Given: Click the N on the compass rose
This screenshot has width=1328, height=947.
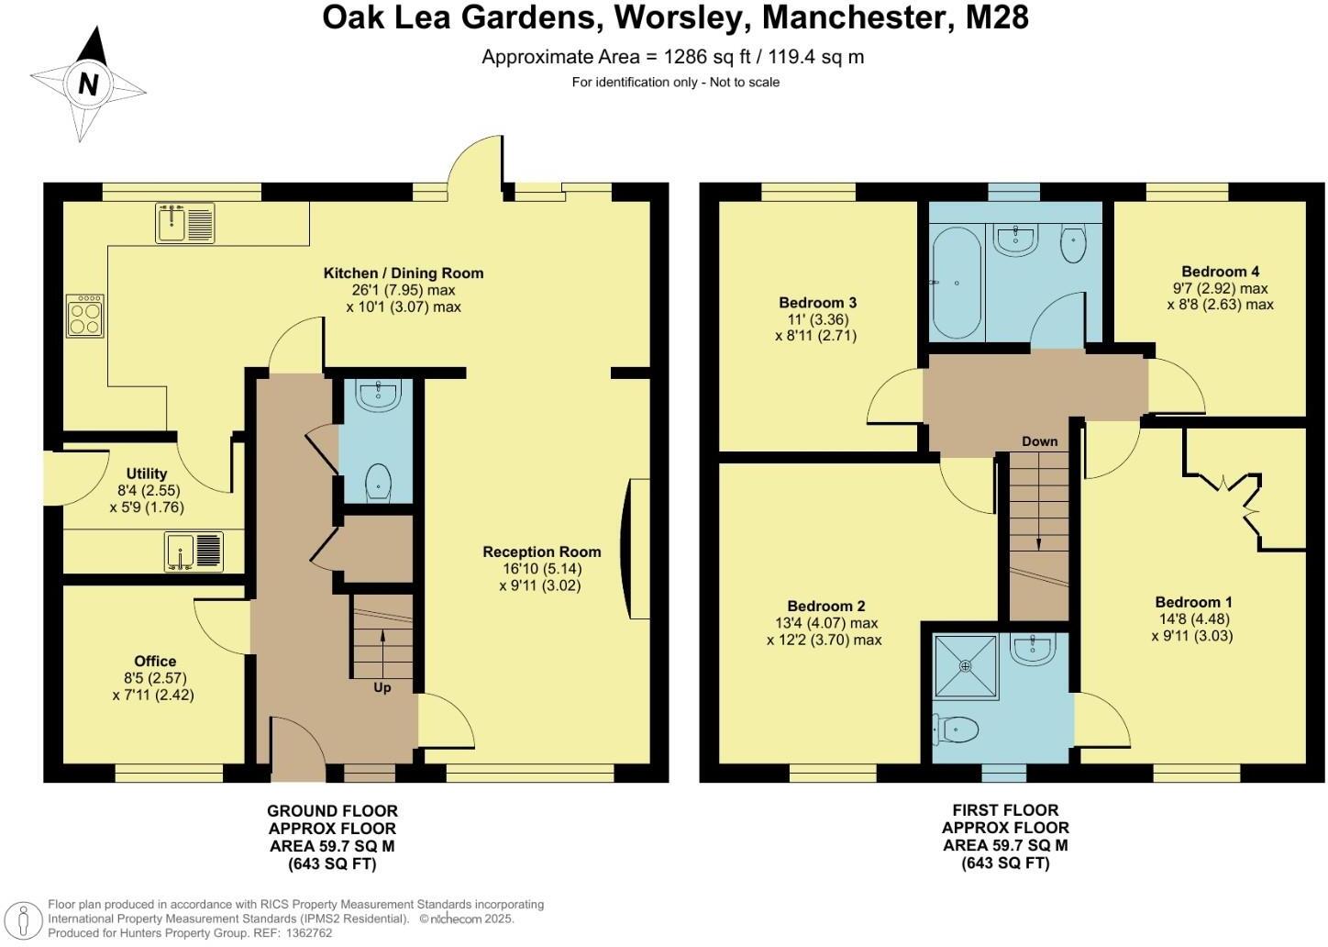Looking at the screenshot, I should tap(88, 84).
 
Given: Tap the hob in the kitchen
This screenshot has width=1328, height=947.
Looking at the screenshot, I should tap(84, 316).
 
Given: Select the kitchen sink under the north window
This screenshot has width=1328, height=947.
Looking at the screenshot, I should tap(184, 223).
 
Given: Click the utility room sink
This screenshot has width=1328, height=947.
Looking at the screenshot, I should tap(194, 551).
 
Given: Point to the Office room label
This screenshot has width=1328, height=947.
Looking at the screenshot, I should tap(154, 661).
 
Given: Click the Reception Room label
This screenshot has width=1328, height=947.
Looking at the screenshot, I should tap(541, 551).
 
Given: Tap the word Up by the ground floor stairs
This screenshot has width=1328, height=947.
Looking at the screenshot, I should tap(382, 687).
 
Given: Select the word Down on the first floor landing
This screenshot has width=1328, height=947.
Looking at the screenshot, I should tap(1039, 441).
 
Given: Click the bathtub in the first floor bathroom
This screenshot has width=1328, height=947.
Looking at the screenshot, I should tap(957, 283).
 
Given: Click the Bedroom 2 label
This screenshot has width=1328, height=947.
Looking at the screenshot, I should tap(825, 606).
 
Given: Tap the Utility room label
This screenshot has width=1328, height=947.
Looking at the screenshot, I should tap(147, 473).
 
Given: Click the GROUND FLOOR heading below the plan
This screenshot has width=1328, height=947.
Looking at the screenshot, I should tap(332, 811).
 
